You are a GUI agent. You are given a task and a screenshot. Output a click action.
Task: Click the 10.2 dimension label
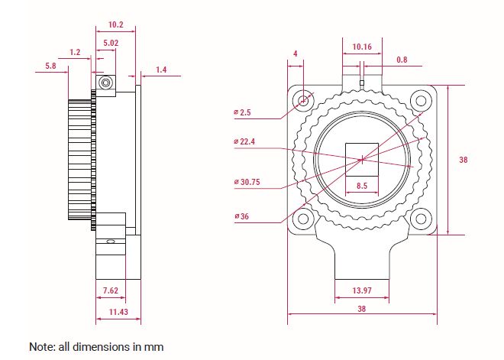coord(116,24)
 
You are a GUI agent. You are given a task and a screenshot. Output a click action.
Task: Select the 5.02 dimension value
coord(111,43)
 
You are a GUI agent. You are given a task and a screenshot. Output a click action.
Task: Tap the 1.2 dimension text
coord(75,52)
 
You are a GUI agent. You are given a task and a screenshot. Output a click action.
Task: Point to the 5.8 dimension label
coord(51,66)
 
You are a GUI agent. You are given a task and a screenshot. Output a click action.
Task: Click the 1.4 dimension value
coord(161,70)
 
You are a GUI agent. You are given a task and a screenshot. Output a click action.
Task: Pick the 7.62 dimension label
coord(111,290)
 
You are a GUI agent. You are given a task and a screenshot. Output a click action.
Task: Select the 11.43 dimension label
coord(118,312)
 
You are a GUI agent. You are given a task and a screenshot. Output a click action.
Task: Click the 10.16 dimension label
coord(362,47)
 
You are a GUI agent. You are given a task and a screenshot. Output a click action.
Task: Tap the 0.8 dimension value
coord(402,60)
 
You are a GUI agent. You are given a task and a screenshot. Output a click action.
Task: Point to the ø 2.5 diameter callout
coord(242,112)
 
